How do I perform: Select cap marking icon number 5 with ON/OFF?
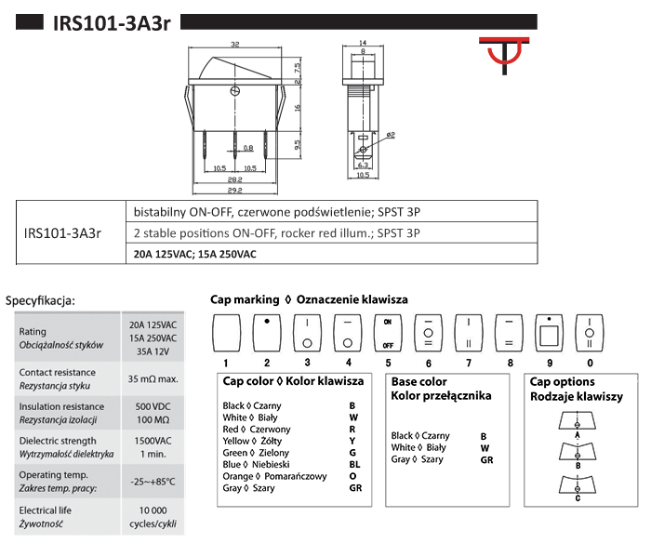[387, 332]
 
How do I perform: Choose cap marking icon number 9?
[550, 332]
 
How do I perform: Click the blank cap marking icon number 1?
[227, 332]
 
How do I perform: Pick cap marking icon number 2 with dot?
[267, 332]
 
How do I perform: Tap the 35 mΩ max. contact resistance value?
[153, 379]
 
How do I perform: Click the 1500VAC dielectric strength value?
[153, 441]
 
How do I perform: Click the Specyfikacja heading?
[41, 300]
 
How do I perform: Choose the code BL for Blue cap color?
[354, 463]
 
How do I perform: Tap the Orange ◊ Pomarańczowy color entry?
[274, 476]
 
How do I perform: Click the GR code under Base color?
[486, 459]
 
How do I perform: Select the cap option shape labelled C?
[578, 484]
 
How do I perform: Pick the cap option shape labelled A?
[578, 421]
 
